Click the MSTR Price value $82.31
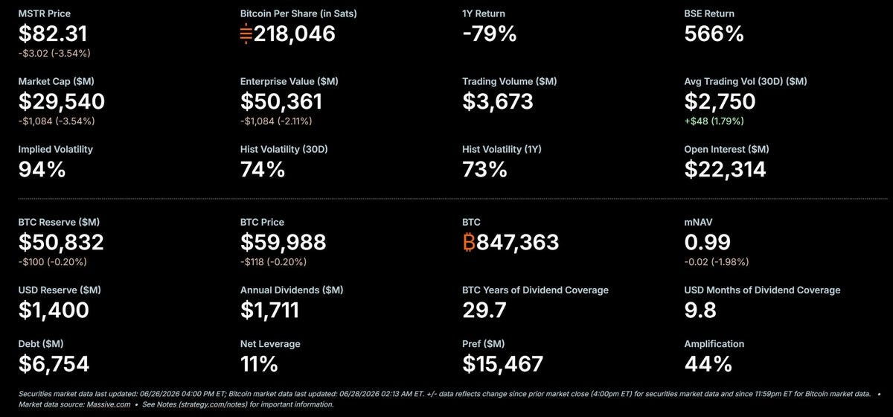coord(53,34)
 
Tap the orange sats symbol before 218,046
coord(246,34)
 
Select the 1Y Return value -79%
coord(490,34)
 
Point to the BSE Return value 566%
coord(714,34)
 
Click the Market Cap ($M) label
coord(57,81)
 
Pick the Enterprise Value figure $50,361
coord(281,101)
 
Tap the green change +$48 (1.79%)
coord(714,121)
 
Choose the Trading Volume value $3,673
coord(498,101)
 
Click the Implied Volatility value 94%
coord(42,170)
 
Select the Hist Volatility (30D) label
coord(284,149)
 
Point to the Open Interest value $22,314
coord(725,170)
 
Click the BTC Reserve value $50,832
coord(61,242)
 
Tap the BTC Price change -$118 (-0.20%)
coord(274,262)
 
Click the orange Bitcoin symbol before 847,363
coord(470,242)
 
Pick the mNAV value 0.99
coord(707,242)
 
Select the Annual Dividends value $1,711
coord(269,310)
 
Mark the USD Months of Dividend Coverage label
coord(762,290)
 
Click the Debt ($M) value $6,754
coord(54,364)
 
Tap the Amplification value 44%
coord(708,364)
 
